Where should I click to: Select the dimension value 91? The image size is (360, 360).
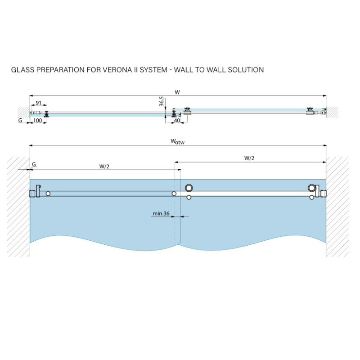click(39, 103)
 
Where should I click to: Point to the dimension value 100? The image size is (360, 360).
click(38, 120)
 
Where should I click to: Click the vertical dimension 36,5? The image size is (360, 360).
click(162, 101)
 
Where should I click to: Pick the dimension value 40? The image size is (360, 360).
click(177, 120)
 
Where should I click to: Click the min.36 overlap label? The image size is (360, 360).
click(161, 213)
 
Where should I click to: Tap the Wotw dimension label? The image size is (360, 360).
click(177, 141)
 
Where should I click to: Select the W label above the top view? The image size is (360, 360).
click(177, 92)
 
